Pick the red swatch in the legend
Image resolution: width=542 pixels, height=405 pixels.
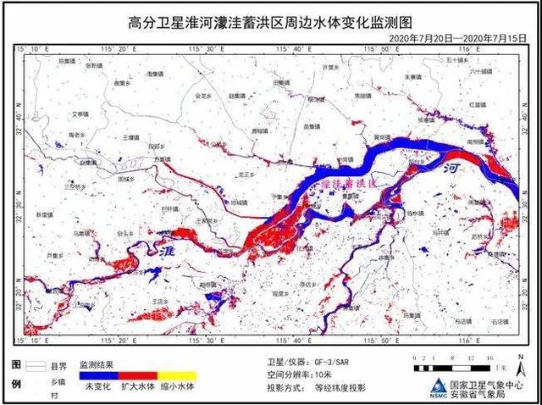pos(138,374)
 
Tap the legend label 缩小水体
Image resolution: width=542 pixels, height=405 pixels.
pos(178,387)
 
